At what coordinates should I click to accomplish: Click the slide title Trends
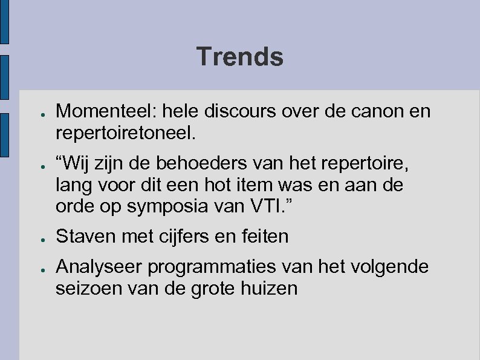coord(239,57)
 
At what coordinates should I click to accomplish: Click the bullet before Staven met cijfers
coord(37,237)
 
